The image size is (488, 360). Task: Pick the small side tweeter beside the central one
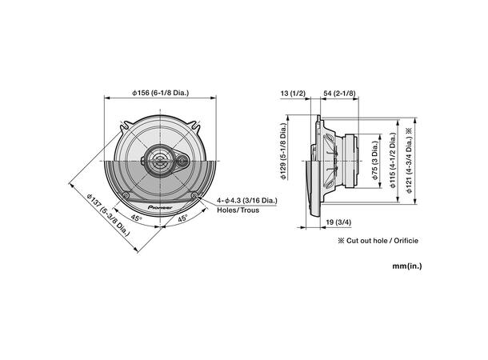tap(184, 162)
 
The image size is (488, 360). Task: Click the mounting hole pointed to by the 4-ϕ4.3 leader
tap(196, 196)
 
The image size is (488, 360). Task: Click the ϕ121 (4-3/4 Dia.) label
tap(409, 160)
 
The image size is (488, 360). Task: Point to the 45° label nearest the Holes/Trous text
tap(183, 218)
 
